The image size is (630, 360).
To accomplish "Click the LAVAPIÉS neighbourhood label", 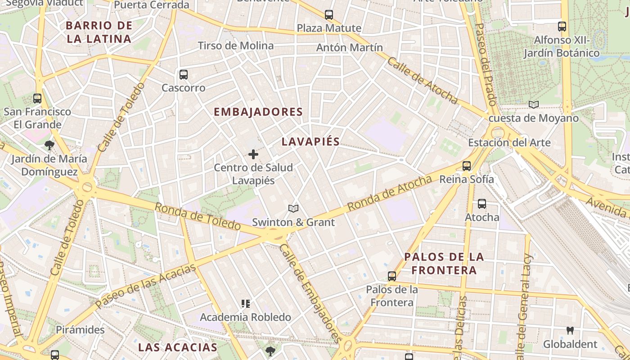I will click(310, 141).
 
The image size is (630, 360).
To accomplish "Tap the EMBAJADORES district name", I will click(258, 112).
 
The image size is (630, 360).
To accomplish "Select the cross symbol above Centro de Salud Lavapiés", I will click(253, 154).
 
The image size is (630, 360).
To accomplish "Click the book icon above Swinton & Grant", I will click(293, 209).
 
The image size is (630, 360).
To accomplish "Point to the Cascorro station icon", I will click(183, 75).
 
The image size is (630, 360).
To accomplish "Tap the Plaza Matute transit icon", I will click(329, 15).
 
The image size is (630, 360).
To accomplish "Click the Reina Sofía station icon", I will click(467, 166).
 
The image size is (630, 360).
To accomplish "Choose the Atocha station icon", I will click(482, 204).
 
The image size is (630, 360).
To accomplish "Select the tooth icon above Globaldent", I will click(570, 331).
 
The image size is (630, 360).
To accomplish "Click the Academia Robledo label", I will click(245, 317).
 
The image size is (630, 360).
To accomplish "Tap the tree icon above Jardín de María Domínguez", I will click(49, 145).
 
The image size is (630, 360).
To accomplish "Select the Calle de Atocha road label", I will click(422, 81).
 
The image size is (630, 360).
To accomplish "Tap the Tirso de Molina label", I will click(236, 46).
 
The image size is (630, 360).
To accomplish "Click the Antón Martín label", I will click(350, 47).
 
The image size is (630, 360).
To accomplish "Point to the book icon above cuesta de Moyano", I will click(534, 105).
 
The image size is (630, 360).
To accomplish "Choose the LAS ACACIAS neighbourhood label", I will click(178, 347).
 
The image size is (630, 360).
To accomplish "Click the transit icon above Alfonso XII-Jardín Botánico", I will click(562, 27).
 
